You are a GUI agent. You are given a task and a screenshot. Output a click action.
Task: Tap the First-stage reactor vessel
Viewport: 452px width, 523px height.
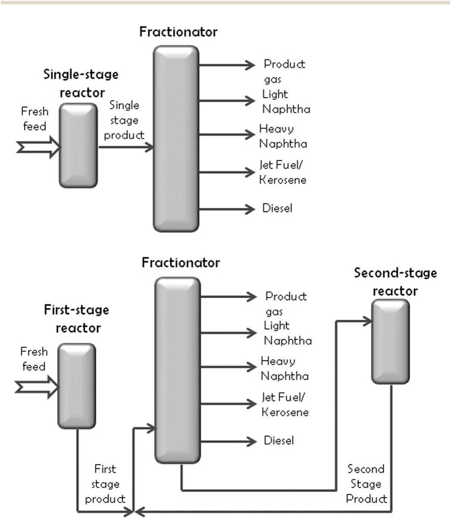click(76, 386)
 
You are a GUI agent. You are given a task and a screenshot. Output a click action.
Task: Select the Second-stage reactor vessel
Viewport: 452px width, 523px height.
click(391, 341)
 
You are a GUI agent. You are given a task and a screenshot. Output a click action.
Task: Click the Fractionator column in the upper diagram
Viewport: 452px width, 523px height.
click(176, 138)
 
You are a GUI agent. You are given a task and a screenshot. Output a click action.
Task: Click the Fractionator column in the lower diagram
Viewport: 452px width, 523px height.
click(178, 370)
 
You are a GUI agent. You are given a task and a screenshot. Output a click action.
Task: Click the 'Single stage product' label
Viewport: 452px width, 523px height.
click(124, 120)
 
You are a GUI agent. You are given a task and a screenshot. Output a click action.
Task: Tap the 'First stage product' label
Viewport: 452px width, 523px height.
click(105, 484)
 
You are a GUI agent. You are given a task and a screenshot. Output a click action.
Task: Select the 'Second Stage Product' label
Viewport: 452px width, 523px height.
click(366, 484)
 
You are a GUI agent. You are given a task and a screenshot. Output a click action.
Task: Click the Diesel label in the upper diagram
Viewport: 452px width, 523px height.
click(277, 208)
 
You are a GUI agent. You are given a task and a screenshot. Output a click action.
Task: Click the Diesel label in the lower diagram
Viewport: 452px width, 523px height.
click(279, 440)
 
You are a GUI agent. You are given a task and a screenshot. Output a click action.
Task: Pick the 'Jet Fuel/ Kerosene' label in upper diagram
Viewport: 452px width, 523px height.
click(283, 172)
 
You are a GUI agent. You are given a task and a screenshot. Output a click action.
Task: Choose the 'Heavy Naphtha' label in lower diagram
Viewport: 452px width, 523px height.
click(284, 368)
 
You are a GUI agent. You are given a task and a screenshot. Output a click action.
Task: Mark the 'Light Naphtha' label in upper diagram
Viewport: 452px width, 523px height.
click(286, 102)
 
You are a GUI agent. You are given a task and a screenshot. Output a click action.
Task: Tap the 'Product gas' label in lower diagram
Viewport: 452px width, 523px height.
click(286, 303)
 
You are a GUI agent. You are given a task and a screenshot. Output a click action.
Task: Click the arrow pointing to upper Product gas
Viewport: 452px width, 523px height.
click(227, 65)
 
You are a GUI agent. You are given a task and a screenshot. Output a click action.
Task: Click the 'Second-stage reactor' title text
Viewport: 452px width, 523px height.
click(395, 282)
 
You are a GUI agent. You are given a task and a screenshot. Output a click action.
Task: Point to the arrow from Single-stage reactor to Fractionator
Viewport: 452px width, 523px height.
click(126, 147)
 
